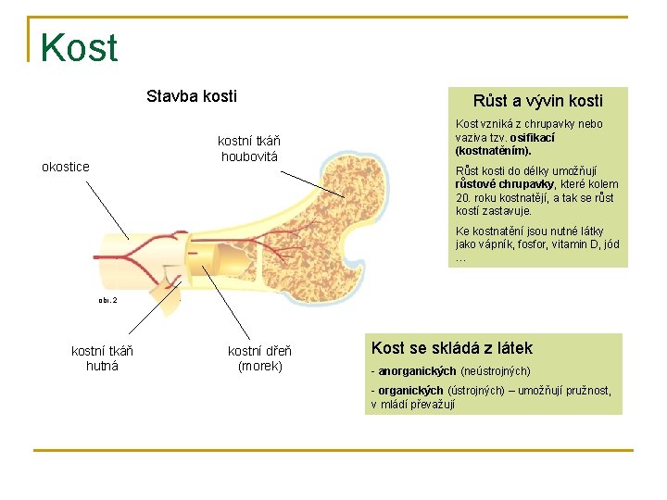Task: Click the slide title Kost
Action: (79, 48)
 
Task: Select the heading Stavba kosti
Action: (192, 96)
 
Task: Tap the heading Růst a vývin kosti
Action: (537, 101)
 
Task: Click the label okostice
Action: (66, 167)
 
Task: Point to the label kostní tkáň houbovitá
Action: (249, 148)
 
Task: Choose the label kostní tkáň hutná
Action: (102, 357)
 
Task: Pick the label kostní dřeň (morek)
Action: (259, 357)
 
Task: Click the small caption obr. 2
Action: (108, 300)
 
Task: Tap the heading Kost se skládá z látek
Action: (452, 348)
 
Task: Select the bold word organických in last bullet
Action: (411, 391)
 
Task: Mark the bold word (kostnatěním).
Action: (493, 150)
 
